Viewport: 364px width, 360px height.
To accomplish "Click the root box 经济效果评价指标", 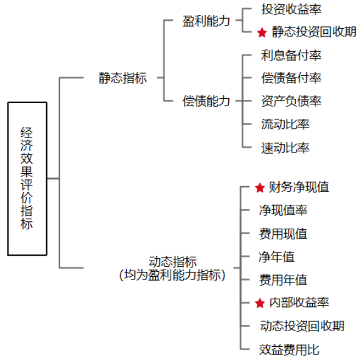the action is (x=28, y=179).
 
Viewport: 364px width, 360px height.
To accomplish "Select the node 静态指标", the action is (x=123, y=77).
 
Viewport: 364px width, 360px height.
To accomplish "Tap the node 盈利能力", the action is (x=206, y=21).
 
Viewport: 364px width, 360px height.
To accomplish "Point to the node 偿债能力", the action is (x=206, y=101).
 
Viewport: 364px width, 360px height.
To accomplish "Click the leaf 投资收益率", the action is (x=291, y=9).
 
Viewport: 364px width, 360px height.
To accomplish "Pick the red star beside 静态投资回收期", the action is (x=262, y=32).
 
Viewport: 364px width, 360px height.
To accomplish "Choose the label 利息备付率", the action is (x=291, y=55).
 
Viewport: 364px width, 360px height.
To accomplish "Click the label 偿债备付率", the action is (x=291, y=77).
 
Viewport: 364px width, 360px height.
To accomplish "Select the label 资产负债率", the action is (x=291, y=101).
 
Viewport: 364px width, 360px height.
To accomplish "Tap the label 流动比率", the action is (x=285, y=124).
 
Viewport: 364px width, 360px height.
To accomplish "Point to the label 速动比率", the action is (x=285, y=147).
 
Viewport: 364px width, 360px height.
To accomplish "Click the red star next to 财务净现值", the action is (x=260, y=187).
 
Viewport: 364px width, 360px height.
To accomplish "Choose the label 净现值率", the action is (x=283, y=210).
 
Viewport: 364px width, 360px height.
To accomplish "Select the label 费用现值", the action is (x=283, y=233).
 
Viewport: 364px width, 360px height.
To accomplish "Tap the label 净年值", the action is (x=276, y=256).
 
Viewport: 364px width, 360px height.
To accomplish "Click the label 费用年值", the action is (x=283, y=279).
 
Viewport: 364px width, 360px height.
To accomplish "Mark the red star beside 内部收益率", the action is (x=260, y=303).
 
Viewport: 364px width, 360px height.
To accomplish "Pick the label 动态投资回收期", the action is (x=302, y=326).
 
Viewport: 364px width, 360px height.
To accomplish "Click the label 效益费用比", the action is (x=289, y=349).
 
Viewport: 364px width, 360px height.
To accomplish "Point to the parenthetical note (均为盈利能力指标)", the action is (x=172, y=276).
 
